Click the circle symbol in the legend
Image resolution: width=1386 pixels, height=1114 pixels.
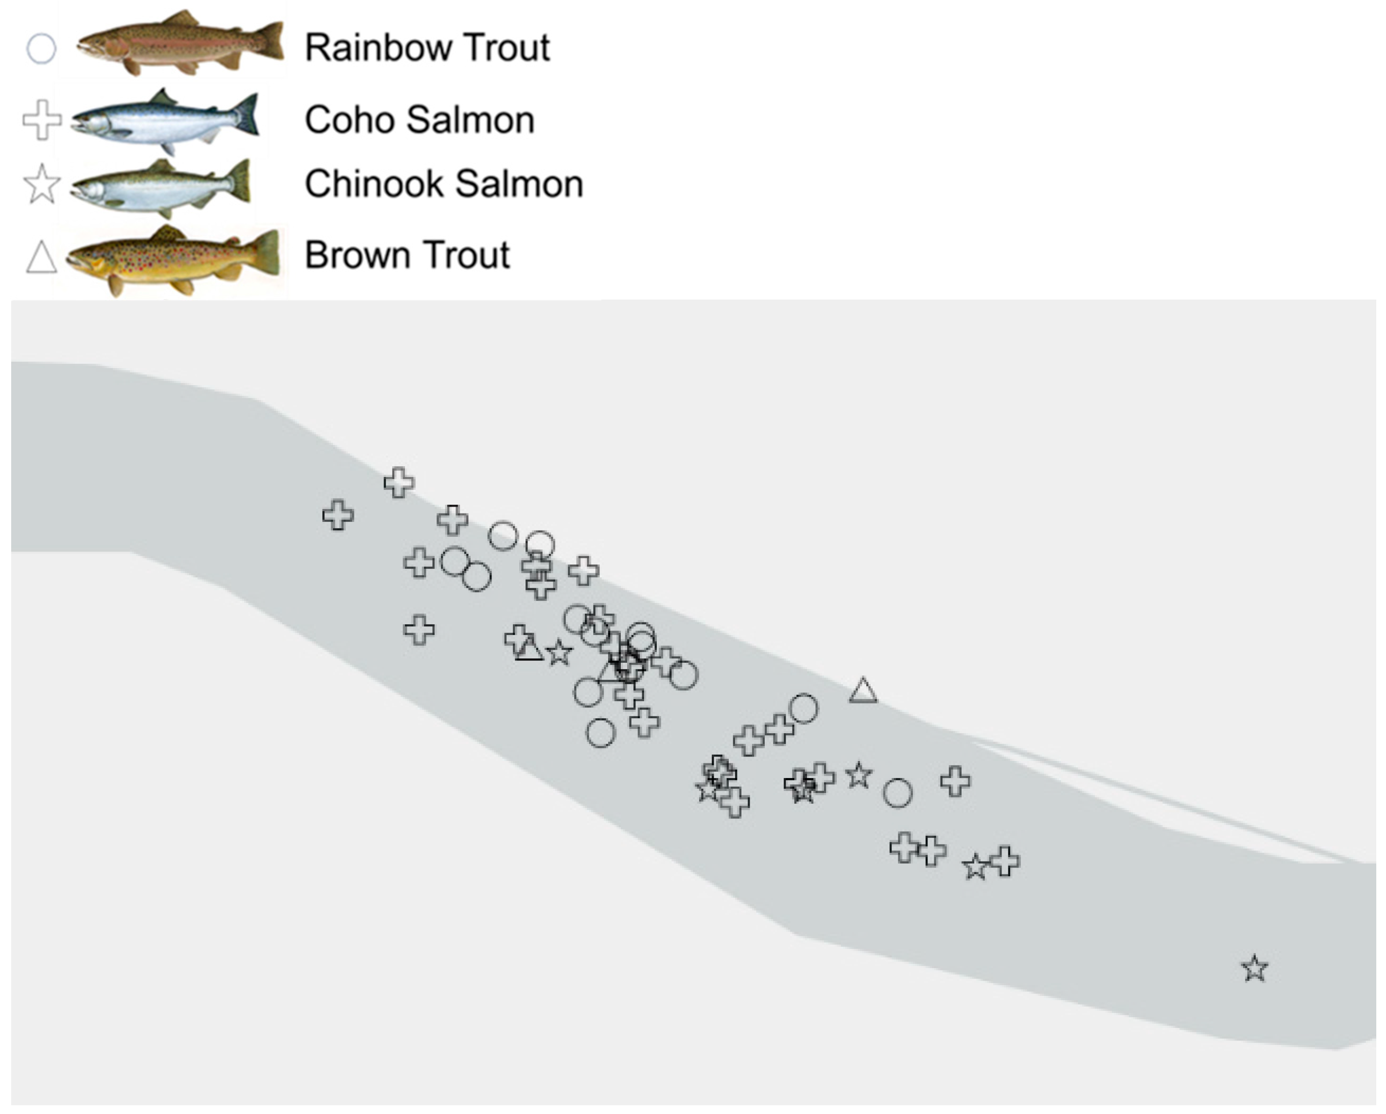41,49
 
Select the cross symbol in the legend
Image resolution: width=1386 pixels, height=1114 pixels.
42,120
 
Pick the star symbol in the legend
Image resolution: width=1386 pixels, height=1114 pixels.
42,184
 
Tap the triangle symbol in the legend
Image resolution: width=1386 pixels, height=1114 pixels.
41,258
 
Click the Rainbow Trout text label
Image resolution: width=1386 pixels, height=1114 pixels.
427,48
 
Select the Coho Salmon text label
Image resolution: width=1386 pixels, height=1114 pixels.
419,120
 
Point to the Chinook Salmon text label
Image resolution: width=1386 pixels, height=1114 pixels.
443,184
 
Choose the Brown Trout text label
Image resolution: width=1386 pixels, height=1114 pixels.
407,255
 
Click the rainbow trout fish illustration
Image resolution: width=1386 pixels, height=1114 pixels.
180,44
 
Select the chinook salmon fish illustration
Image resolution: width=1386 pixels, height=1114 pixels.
161,187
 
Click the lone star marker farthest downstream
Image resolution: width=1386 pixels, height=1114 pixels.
1255,969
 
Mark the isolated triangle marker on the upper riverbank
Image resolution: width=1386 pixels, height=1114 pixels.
863,691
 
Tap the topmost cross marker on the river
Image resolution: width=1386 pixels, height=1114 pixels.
399,482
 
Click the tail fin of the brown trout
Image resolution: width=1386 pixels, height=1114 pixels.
265,253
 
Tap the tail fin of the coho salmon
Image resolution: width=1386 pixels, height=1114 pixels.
246,115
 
